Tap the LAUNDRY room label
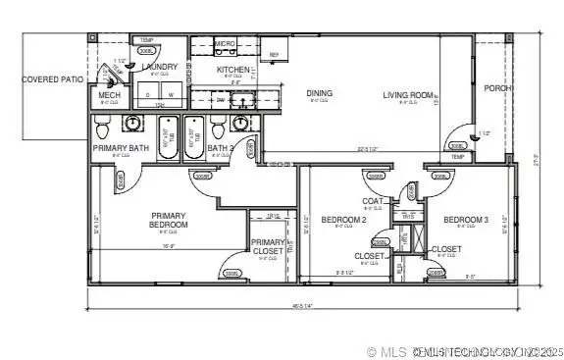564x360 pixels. pos(159,67)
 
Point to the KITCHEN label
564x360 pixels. pos(233,70)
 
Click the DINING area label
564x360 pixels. pos(319,94)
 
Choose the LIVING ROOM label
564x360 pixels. pos(408,95)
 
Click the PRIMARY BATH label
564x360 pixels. pos(121,148)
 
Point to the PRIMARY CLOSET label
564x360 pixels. pos(268,246)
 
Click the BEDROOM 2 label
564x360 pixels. pos(343,220)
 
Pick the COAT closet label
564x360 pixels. pos(373,201)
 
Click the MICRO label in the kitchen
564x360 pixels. pos(225,44)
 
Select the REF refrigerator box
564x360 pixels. pos(274,55)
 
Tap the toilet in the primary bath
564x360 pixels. pos(130,124)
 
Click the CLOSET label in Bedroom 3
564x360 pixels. pos(446,249)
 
